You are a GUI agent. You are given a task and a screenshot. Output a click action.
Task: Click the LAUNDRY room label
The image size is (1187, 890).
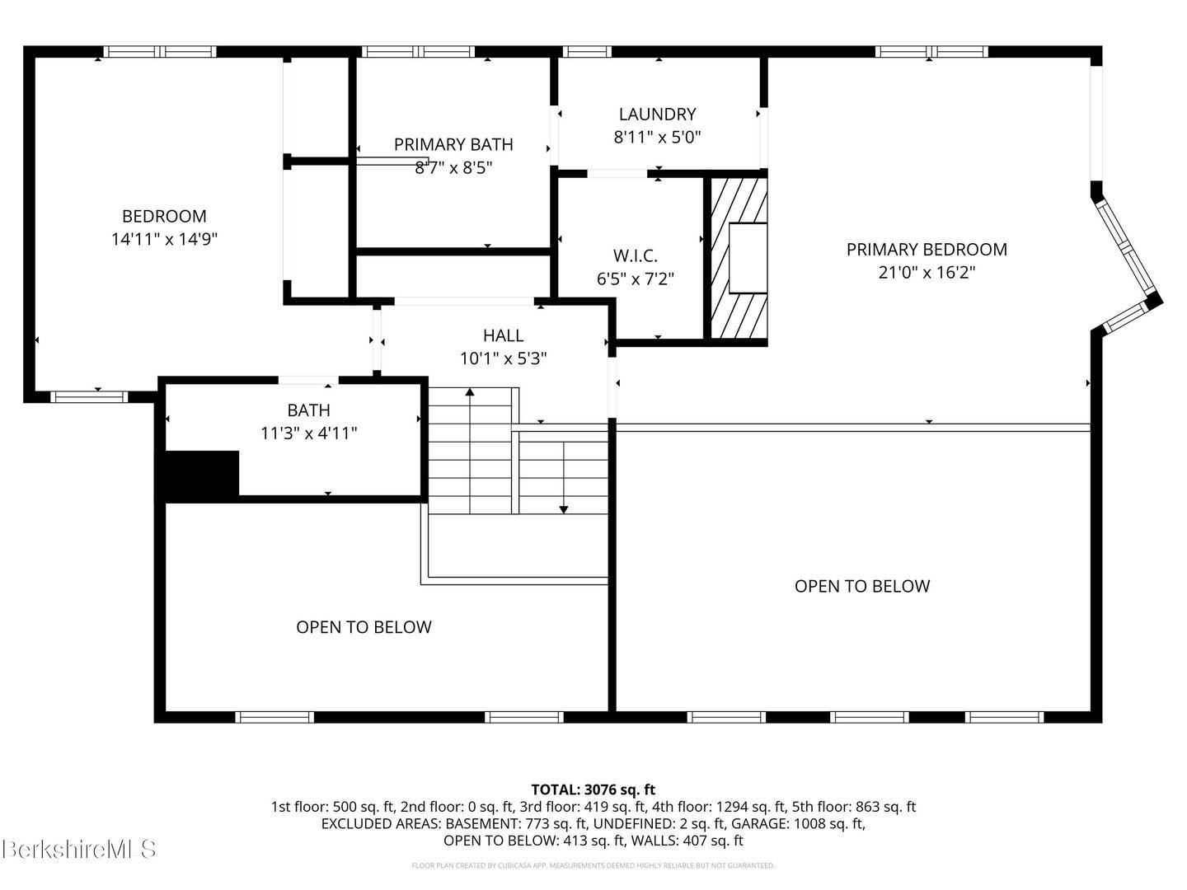[657, 115]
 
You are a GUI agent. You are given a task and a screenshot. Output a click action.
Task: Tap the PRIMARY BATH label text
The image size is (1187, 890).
[453, 144]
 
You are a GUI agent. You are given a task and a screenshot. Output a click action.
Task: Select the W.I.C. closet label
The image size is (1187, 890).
[635, 256]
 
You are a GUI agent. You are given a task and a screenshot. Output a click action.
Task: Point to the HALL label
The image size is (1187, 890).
[503, 335]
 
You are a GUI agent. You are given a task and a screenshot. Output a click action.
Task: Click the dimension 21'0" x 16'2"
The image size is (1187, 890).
[927, 273]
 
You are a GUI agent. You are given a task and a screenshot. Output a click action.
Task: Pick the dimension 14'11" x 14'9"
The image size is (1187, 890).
[164, 240]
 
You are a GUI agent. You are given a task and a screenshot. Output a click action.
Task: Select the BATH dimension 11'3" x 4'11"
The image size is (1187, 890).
[308, 433]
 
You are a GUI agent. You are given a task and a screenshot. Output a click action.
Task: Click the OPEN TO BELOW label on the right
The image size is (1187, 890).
[861, 586]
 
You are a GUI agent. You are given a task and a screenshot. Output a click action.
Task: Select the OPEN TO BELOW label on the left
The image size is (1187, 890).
[364, 627]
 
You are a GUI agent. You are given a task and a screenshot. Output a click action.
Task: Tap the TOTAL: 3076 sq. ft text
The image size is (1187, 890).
[593, 789]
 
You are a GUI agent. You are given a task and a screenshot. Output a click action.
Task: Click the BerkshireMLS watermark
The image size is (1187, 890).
[79, 849]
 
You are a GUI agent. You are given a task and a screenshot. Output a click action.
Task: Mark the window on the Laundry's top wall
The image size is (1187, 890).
[587, 52]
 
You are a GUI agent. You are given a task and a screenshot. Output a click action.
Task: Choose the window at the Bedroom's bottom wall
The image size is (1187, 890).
[89, 396]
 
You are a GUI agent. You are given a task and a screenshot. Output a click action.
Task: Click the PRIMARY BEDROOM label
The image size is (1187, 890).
[927, 249]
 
